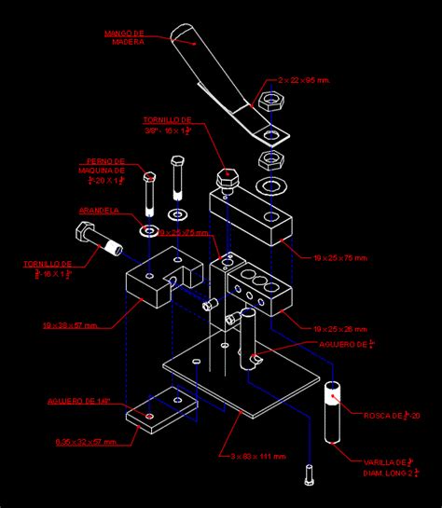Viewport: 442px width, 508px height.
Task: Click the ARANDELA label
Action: coord(99,211)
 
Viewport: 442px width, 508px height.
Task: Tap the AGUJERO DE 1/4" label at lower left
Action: coord(79,401)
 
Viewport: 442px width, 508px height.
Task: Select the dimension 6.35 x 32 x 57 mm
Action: coord(85,442)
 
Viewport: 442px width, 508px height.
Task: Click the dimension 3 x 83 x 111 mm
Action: coord(258,456)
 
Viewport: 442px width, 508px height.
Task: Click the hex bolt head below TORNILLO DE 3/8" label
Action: coord(227,176)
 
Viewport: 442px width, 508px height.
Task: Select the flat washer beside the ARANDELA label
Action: coord(148,228)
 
